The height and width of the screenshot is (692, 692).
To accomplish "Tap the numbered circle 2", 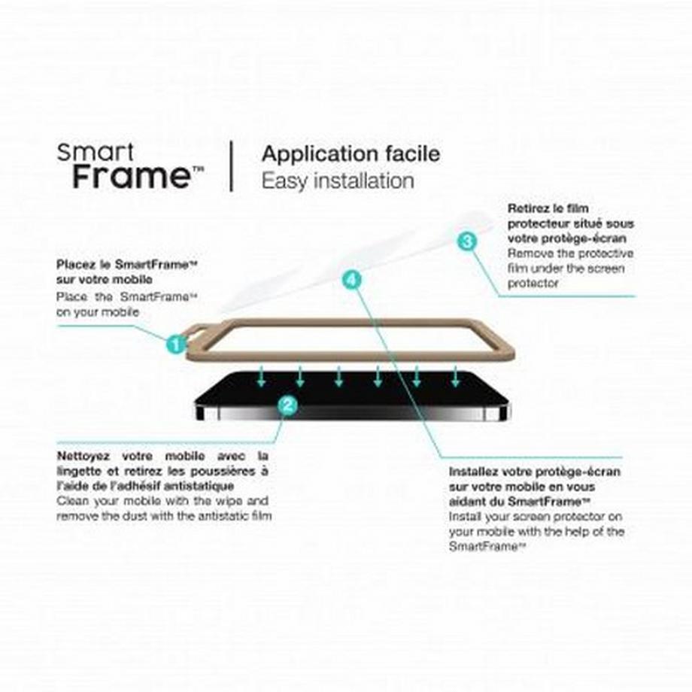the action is pyautogui.click(x=288, y=405).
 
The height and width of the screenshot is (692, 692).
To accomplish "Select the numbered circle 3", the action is pyautogui.click(x=467, y=241).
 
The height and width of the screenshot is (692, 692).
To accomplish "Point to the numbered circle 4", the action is pyautogui.click(x=352, y=280).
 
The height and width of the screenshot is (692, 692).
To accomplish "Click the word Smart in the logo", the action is pyautogui.click(x=95, y=153).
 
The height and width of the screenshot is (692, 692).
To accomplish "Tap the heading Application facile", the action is pyautogui.click(x=351, y=154).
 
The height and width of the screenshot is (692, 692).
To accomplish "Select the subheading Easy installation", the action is pyautogui.click(x=338, y=181).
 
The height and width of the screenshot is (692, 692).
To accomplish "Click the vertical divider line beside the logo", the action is pyautogui.click(x=231, y=166).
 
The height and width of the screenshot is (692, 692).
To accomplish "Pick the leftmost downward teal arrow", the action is pyautogui.click(x=261, y=376).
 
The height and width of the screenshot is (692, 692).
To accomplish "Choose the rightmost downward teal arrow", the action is pyautogui.click(x=456, y=376).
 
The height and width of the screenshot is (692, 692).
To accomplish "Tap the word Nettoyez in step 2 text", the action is pyautogui.click(x=83, y=457).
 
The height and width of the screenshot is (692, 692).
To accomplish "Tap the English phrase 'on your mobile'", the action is pyautogui.click(x=98, y=312).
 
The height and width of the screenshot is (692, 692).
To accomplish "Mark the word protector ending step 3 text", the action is pyautogui.click(x=533, y=284).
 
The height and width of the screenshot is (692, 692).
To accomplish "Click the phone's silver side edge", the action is pyautogui.click(x=352, y=413).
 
